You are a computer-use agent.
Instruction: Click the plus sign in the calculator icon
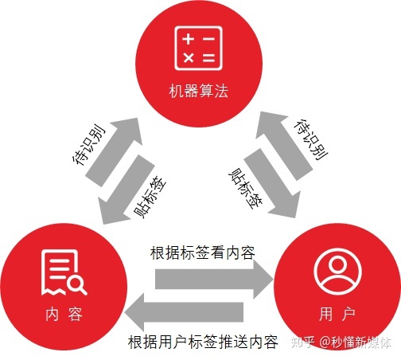click(x=188, y=39)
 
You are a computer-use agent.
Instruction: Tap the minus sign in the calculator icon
click(x=208, y=39)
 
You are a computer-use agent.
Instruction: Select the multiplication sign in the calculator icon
click(x=189, y=57)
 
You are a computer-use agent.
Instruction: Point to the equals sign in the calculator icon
click(x=208, y=57)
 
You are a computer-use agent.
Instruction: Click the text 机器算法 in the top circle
click(x=199, y=91)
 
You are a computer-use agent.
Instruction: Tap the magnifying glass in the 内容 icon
click(x=77, y=285)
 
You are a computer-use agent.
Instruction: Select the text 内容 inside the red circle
click(x=64, y=315)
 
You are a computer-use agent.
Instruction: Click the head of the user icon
click(x=337, y=265)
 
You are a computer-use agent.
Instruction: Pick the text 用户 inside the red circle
click(x=337, y=315)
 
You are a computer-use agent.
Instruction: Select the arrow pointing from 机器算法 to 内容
click(x=125, y=190)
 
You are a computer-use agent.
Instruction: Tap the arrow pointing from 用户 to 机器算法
click(x=283, y=146)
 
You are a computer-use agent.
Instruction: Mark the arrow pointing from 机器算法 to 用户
click(x=272, y=184)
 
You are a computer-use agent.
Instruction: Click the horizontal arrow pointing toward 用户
click(x=214, y=279)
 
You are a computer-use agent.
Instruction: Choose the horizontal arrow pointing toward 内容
click(x=184, y=312)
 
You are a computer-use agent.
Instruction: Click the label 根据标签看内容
click(x=203, y=252)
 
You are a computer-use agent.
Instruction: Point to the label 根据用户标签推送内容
click(x=203, y=342)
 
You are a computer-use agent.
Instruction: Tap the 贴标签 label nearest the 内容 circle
click(x=149, y=197)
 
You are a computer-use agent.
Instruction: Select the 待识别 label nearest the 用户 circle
click(x=311, y=139)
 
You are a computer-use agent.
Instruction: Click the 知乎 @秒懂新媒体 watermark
click(x=341, y=342)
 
